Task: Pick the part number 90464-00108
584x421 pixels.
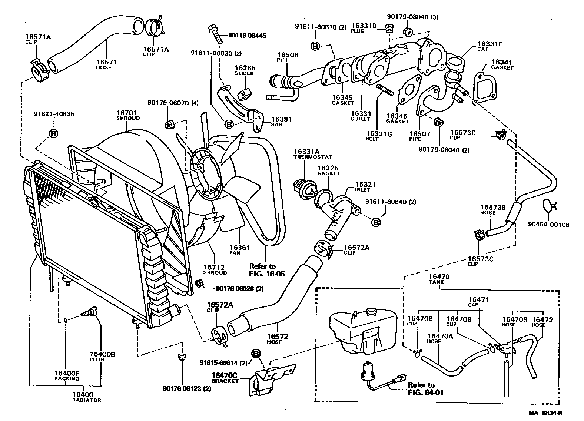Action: point(548,225)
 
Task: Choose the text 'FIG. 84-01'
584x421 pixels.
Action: point(425,392)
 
